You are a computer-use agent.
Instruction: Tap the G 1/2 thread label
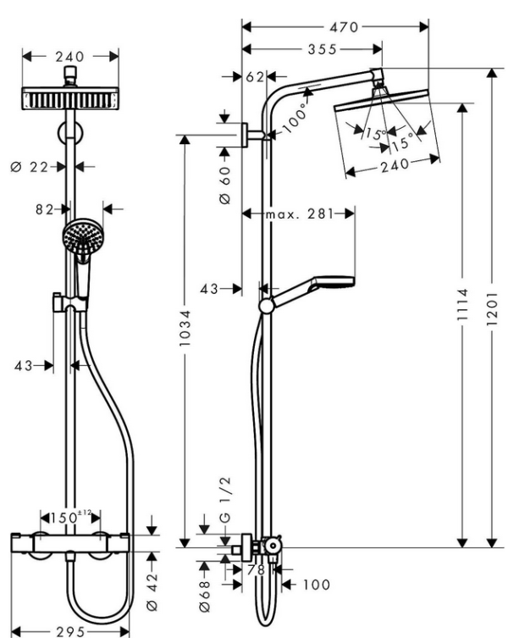pos(225,506)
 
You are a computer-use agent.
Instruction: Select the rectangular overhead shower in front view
pos(70,98)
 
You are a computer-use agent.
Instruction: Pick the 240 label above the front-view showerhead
pos(70,57)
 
